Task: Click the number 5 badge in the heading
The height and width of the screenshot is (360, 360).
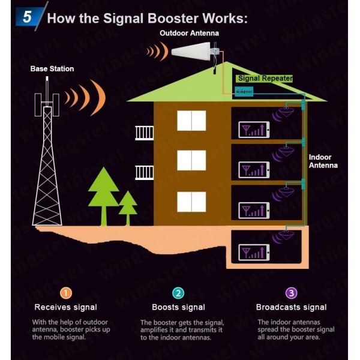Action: [x=27, y=16]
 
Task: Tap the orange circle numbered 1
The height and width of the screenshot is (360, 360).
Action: [x=66, y=293]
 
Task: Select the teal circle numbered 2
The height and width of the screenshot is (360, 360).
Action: [x=178, y=293]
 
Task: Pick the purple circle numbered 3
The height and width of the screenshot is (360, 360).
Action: [x=292, y=293]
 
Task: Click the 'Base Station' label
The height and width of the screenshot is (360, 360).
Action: [x=52, y=69]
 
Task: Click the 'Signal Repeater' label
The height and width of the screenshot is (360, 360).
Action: [x=265, y=79]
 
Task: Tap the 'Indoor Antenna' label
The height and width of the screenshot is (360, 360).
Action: [x=323, y=161]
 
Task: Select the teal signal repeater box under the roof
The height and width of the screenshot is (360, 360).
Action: [x=245, y=91]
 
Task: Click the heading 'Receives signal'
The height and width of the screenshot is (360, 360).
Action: [x=65, y=307]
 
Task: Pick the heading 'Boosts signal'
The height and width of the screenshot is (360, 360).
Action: [x=178, y=307]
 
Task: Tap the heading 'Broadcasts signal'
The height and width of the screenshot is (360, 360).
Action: [x=292, y=307]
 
